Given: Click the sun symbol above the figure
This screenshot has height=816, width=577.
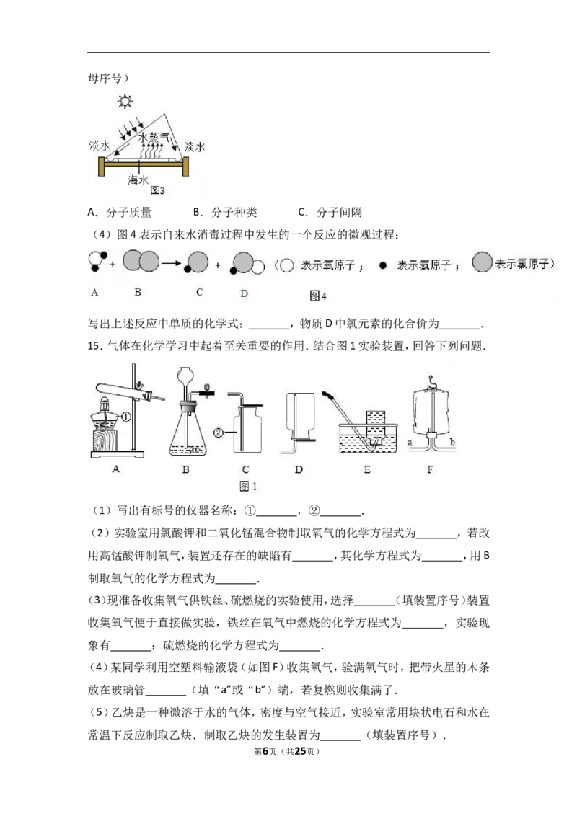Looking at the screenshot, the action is pyautogui.click(x=125, y=100).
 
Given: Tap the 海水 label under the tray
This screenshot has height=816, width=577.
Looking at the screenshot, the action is pyautogui.click(x=138, y=180).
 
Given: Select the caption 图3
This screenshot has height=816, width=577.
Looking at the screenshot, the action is pyautogui.click(x=157, y=191).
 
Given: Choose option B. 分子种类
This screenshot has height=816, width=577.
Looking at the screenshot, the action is pyautogui.click(x=225, y=213).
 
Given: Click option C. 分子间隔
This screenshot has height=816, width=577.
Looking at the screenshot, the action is pyautogui.click(x=330, y=213).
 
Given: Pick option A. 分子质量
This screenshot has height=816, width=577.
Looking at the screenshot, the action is pyautogui.click(x=120, y=213).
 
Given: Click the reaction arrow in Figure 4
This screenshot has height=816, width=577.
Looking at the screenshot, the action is pyautogui.click(x=172, y=263).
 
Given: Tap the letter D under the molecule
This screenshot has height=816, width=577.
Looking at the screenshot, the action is pyautogui.click(x=244, y=293).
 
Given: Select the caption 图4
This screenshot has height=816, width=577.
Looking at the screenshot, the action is pyautogui.click(x=317, y=296).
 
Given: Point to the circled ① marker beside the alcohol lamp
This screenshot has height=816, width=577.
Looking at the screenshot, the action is pyautogui.click(x=125, y=417).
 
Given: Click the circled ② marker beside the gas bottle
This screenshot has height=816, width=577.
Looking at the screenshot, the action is pyautogui.click(x=219, y=433).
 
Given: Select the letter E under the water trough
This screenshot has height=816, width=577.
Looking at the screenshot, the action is pyautogui.click(x=366, y=469).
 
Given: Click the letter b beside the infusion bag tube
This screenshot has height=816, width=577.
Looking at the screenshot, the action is pyautogui.click(x=452, y=443).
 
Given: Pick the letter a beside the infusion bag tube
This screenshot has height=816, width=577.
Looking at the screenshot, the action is pyautogui.click(x=410, y=443).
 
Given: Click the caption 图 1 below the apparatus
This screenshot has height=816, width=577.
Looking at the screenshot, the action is pyautogui.click(x=248, y=486).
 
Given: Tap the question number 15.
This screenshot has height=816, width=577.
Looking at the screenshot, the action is pyautogui.click(x=94, y=346).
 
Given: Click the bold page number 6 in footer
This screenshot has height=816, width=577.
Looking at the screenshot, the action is pyautogui.click(x=265, y=751).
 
